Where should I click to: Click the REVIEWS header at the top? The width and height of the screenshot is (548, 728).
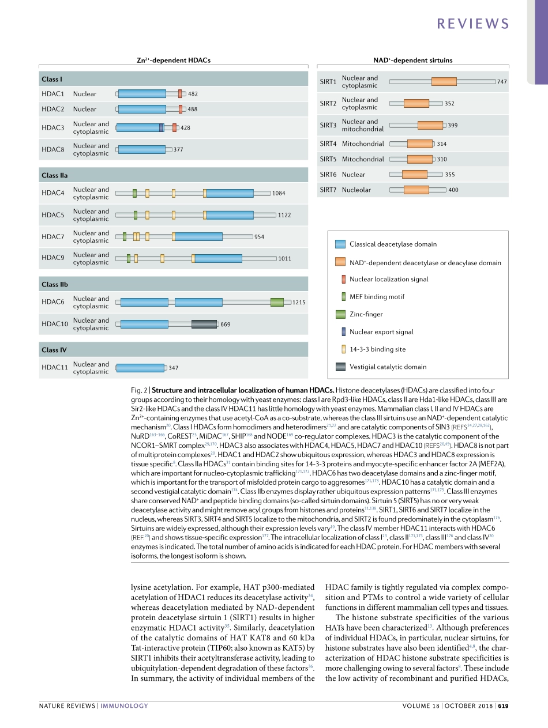[x=473, y=24]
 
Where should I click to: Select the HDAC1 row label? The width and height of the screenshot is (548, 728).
[x=52, y=94]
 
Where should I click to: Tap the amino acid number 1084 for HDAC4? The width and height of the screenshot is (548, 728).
[x=279, y=194]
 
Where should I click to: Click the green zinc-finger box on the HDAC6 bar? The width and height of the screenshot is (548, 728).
[x=277, y=302]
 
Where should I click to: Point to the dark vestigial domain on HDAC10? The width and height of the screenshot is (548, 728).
[x=204, y=324]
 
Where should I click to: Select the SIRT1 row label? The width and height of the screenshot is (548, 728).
[x=328, y=82]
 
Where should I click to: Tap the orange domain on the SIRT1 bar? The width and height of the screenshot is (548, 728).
[x=444, y=82]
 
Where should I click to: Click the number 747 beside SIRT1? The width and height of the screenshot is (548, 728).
[x=502, y=82]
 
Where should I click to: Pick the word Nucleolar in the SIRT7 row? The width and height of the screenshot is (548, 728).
[x=356, y=190]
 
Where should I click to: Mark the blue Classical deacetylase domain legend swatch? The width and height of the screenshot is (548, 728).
[x=340, y=244]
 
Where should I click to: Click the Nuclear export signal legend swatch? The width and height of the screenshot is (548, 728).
[x=344, y=332]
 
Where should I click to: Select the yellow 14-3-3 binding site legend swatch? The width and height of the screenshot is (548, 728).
[x=344, y=349]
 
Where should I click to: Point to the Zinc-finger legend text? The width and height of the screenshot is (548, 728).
[x=366, y=314]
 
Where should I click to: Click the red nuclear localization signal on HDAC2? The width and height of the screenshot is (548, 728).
[x=181, y=109]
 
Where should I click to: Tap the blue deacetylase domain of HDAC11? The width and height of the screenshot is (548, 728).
[x=140, y=368]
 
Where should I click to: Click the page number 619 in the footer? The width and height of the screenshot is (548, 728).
[x=503, y=706]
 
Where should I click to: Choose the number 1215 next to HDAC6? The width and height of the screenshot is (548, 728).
[x=299, y=302]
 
